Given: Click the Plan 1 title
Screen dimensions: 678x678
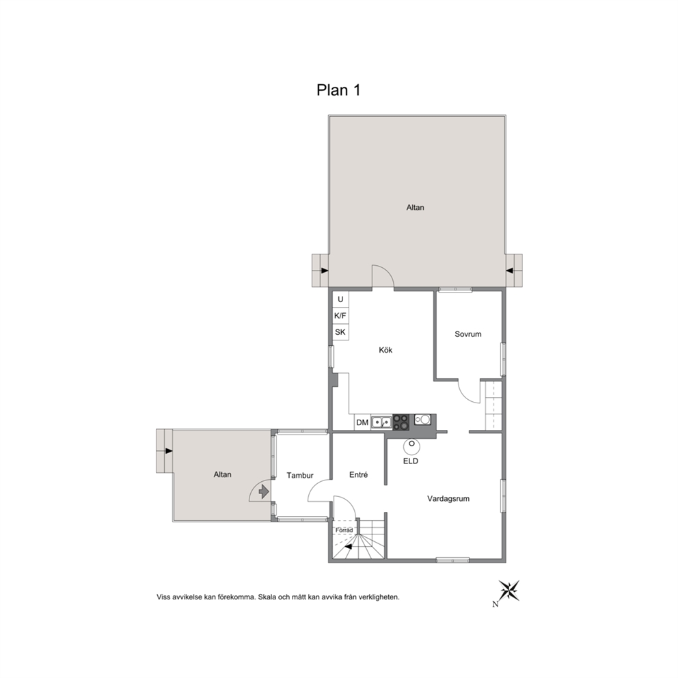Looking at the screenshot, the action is (x=338, y=90).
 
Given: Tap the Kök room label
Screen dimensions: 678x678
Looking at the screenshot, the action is (x=385, y=350).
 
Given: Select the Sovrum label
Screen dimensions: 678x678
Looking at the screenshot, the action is (x=468, y=334).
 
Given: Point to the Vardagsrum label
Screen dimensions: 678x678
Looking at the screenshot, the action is (x=448, y=498).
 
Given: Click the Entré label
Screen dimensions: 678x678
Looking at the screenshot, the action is (x=358, y=474).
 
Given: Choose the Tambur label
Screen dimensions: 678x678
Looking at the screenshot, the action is (x=299, y=475).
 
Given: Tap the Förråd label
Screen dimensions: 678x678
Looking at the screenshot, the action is (x=344, y=530).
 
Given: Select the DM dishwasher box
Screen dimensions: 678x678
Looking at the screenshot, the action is (x=362, y=422).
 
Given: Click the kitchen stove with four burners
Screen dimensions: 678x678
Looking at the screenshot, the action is (x=401, y=422).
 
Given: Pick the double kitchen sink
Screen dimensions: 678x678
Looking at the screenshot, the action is (x=381, y=422).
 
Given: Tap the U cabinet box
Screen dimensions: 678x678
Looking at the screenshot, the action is (x=340, y=299).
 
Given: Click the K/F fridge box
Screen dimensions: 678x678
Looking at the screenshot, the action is (x=340, y=316).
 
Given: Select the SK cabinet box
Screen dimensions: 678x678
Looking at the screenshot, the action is (x=340, y=332).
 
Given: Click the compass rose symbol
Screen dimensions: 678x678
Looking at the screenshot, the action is (x=509, y=591).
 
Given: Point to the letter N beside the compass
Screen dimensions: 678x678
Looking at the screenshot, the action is (x=495, y=604).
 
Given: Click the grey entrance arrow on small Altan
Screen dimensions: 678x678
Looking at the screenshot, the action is (x=263, y=491).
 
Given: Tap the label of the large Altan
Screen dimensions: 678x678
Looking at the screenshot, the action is (x=415, y=208).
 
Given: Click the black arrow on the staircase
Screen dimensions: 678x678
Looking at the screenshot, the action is (x=348, y=547).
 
